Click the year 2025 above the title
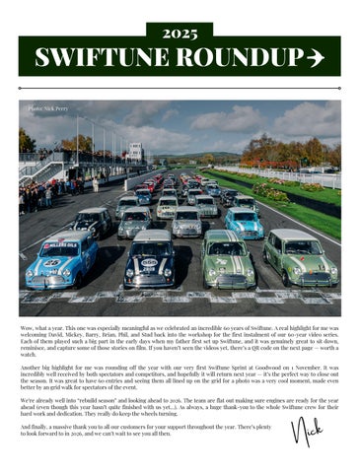pos(180,32)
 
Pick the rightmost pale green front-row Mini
pos(301,258)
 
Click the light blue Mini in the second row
pos(243,223)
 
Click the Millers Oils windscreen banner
pos(61,243)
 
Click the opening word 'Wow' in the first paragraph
pos(28,321)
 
